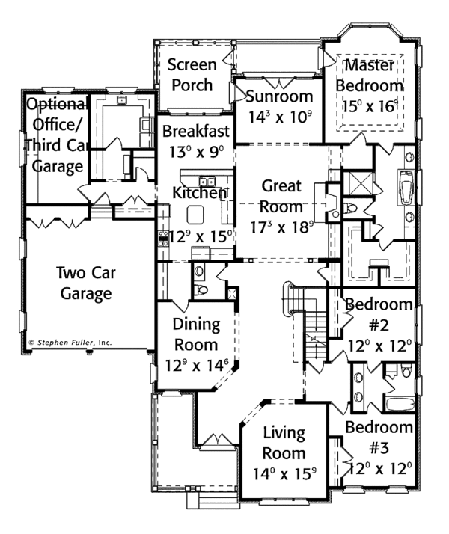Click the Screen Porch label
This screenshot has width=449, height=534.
(192, 74)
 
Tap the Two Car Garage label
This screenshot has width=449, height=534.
(82, 283)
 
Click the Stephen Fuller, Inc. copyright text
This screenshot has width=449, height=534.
(70, 342)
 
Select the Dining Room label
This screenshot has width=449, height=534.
(196, 334)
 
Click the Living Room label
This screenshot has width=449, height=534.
(284, 443)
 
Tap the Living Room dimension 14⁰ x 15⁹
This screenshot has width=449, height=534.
(284, 473)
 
